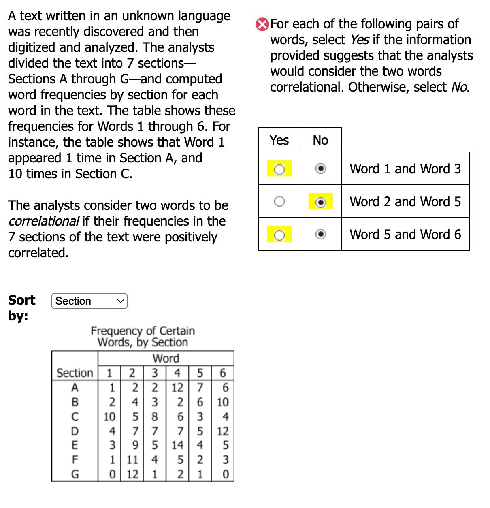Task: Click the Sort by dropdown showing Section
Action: click(89, 301)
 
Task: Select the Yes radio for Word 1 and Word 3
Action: click(279, 169)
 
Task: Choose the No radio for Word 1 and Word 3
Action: click(320, 169)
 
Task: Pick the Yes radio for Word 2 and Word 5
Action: click(279, 201)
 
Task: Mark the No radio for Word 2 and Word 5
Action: click(320, 202)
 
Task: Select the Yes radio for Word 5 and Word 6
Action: click(279, 235)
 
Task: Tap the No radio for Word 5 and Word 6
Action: click(320, 234)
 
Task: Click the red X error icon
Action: click(262, 25)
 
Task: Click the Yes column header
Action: click(279, 140)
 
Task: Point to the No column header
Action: click(320, 140)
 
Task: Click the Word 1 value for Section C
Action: click(109, 416)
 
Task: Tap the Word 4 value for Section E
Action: click(177, 445)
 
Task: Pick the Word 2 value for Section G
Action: click(132, 474)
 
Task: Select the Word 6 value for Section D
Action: click(223, 431)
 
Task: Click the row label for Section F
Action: click(75, 460)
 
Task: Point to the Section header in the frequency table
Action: click(75, 373)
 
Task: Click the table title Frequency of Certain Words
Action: click(143, 337)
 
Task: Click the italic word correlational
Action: click(43, 221)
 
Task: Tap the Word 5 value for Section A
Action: click(200, 388)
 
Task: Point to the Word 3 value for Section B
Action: click(155, 402)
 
